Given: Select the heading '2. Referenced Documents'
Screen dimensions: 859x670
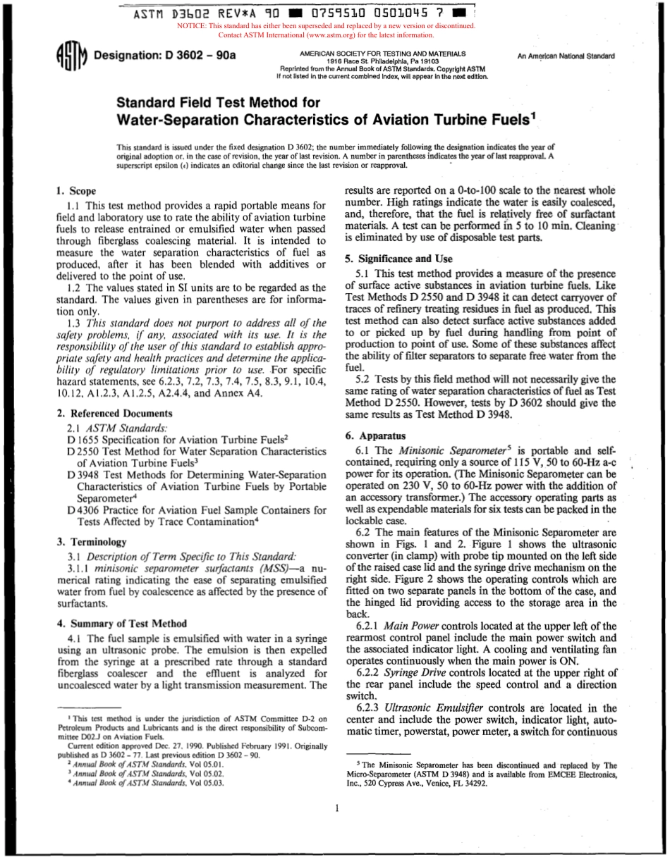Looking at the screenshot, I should pos(114,413).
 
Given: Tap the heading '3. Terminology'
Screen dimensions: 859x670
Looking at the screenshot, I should pos(91,542).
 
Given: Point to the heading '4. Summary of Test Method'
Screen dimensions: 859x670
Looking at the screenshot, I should pos(121,623).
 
